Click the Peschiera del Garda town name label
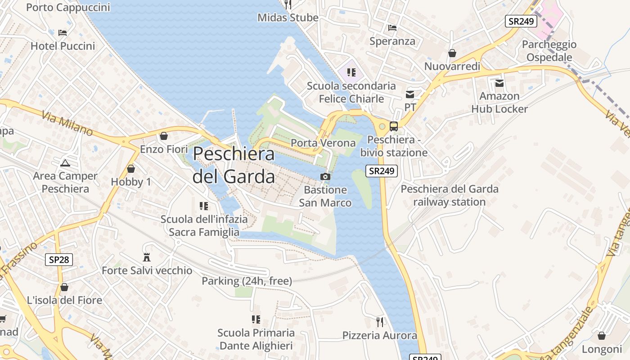[x=234, y=165]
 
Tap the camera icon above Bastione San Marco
[x=325, y=177]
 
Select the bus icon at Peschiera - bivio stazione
[x=393, y=126]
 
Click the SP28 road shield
[x=59, y=260]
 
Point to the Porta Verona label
[x=323, y=143]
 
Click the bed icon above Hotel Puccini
[x=63, y=32]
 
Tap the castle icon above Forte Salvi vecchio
[x=146, y=257]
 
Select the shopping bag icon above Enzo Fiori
[x=164, y=135]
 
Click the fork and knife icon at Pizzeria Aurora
[x=380, y=322]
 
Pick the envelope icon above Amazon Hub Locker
[x=499, y=83]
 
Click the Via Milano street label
[x=67, y=123]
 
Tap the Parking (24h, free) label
[x=247, y=281]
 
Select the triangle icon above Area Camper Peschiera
[x=65, y=163]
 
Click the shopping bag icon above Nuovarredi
[x=452, y=53]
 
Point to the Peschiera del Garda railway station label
[x=449, y=195]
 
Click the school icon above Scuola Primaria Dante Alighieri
[x=256, y=319]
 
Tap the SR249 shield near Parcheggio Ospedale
[x=521, y=21]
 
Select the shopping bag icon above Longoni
[x=602, y=336]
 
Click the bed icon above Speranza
[x=392, y=28]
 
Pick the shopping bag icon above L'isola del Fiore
[x=64, y=287]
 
